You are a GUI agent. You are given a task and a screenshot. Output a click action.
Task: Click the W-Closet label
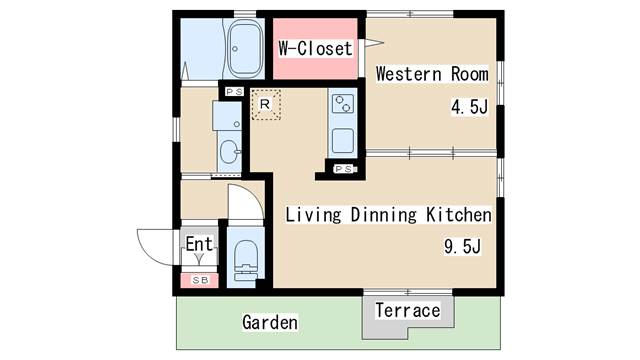(315, 49)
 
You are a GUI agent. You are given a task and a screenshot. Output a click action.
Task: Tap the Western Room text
(432, 74)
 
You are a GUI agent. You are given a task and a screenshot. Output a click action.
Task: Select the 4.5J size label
(469, 107)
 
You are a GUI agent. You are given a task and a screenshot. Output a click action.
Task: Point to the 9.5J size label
(462, 247)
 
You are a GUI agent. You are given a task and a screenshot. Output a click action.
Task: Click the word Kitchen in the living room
(459, 214)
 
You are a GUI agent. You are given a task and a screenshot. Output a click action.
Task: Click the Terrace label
(408, 310)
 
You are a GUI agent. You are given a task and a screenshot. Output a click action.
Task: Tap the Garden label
(270, 322)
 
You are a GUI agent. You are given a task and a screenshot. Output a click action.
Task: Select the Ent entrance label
(199, 244)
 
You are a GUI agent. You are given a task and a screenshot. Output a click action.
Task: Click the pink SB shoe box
(200, 280)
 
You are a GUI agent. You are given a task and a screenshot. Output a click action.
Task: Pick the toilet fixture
(246, 260)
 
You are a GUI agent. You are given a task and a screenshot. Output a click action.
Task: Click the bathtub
(244, 49)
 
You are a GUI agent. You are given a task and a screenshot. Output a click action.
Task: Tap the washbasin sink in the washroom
(229, 151)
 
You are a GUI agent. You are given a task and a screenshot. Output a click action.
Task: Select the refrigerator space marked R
(266, 104)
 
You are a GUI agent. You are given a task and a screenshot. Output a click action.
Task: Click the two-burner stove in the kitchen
(342, 104)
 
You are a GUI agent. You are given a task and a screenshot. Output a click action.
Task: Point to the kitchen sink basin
(342, 141)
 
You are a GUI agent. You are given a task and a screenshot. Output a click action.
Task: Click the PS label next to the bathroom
(235, 92)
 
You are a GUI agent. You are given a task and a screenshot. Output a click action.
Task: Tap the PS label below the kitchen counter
(345, 169)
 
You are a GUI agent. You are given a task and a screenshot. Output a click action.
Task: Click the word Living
(313, 215)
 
